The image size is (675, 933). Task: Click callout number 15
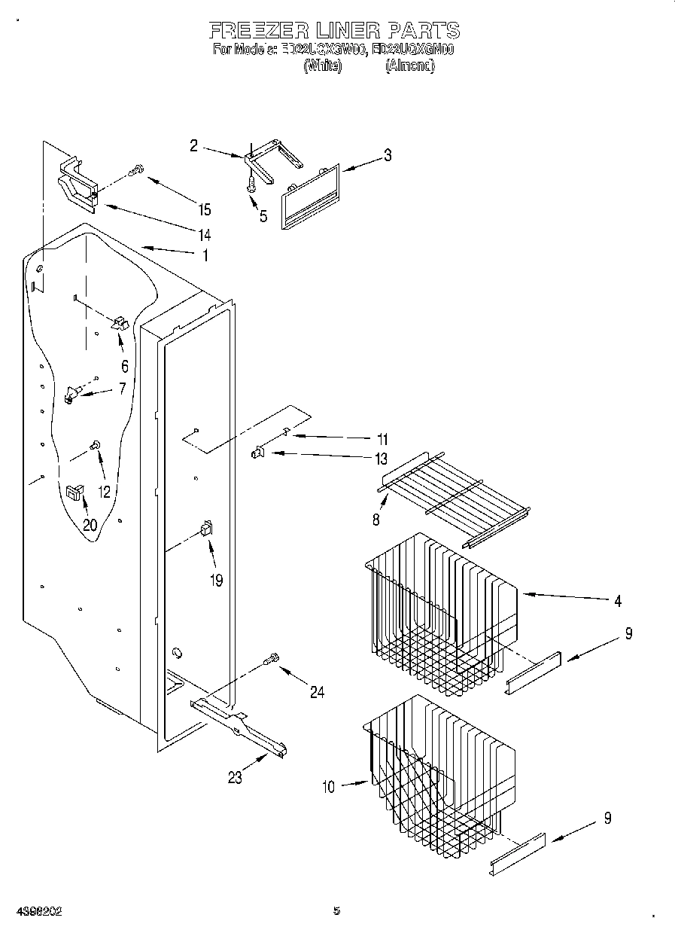click(204, 209)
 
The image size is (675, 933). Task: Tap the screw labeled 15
click(137, 171)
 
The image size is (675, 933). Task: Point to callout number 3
click(387, 156)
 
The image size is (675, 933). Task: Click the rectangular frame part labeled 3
click(310, 197)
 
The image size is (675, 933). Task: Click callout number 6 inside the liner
click(125, 367)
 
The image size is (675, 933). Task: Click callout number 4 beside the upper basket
click(617, 601)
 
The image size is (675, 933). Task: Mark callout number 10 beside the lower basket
click(328, 787)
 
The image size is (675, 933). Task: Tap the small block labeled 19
click(205, 529)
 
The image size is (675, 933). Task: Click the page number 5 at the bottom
click(336, 910)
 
